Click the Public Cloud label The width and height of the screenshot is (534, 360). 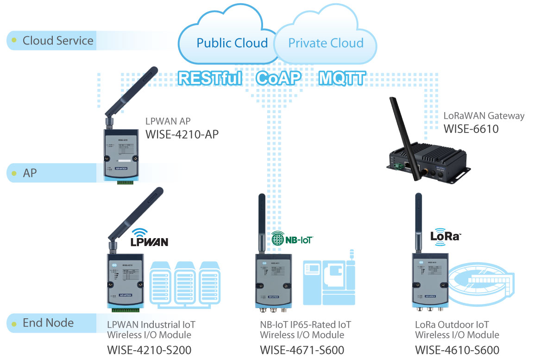click(232, 43)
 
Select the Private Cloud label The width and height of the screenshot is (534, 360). click(326, 43)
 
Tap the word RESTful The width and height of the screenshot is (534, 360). click(210, 78)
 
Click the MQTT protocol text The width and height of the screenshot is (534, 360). click(342, 78)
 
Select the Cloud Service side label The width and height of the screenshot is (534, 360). click(58, 40)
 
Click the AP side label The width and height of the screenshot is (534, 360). click(30, 173)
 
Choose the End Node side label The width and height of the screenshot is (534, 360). click(48, 322)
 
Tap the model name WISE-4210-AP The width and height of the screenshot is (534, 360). click(182, 134)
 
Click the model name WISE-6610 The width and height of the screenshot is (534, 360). click(471, 128)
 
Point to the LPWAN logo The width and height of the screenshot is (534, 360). click(149, 238)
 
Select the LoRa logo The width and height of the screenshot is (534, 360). click(445, 235)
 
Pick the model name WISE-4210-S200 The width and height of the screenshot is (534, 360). click(149, 350)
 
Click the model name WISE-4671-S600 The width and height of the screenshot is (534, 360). click(302, 350)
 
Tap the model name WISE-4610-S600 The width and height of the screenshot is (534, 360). click(457, 350)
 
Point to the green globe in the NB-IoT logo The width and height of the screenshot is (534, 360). click(278, 239)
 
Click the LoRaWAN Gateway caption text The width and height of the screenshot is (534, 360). click(484, 116)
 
